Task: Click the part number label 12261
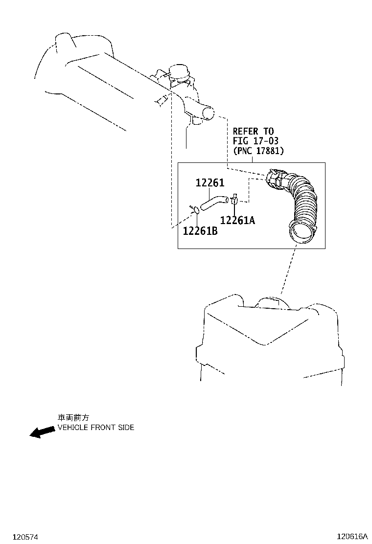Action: (x=209, y=182)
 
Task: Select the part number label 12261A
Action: (x=237, y=220)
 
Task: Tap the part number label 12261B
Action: (x=200, y=231)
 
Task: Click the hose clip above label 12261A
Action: (x=234, y=199)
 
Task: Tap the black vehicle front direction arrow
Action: (x=42, y=432)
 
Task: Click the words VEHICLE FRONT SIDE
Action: (x=96, y=428)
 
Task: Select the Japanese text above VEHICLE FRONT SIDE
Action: (x=73, y=418)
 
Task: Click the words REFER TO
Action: (x=253, y=131)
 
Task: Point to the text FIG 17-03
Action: (x=256, y=141)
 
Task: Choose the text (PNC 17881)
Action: (x=258, y=151)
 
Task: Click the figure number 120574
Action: (x=25, y=537)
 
